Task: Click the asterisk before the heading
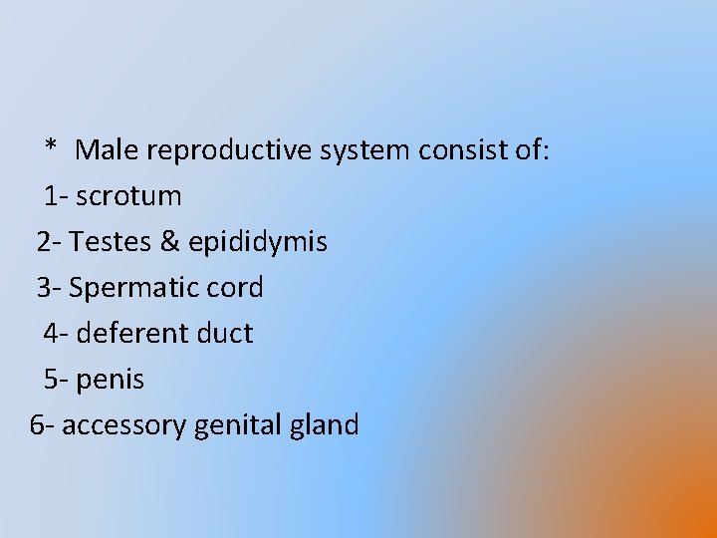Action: tap(51, 148)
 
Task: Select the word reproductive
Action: tap(227, 151)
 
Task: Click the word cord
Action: tap(238, 288)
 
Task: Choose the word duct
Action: tap(225, 333)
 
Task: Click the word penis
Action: tap(110, 381)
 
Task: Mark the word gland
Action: tap(328, 425)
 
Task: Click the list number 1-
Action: tap(56, 196)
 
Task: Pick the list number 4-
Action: tap(56, 333)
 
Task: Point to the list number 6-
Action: tap(43, 425)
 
